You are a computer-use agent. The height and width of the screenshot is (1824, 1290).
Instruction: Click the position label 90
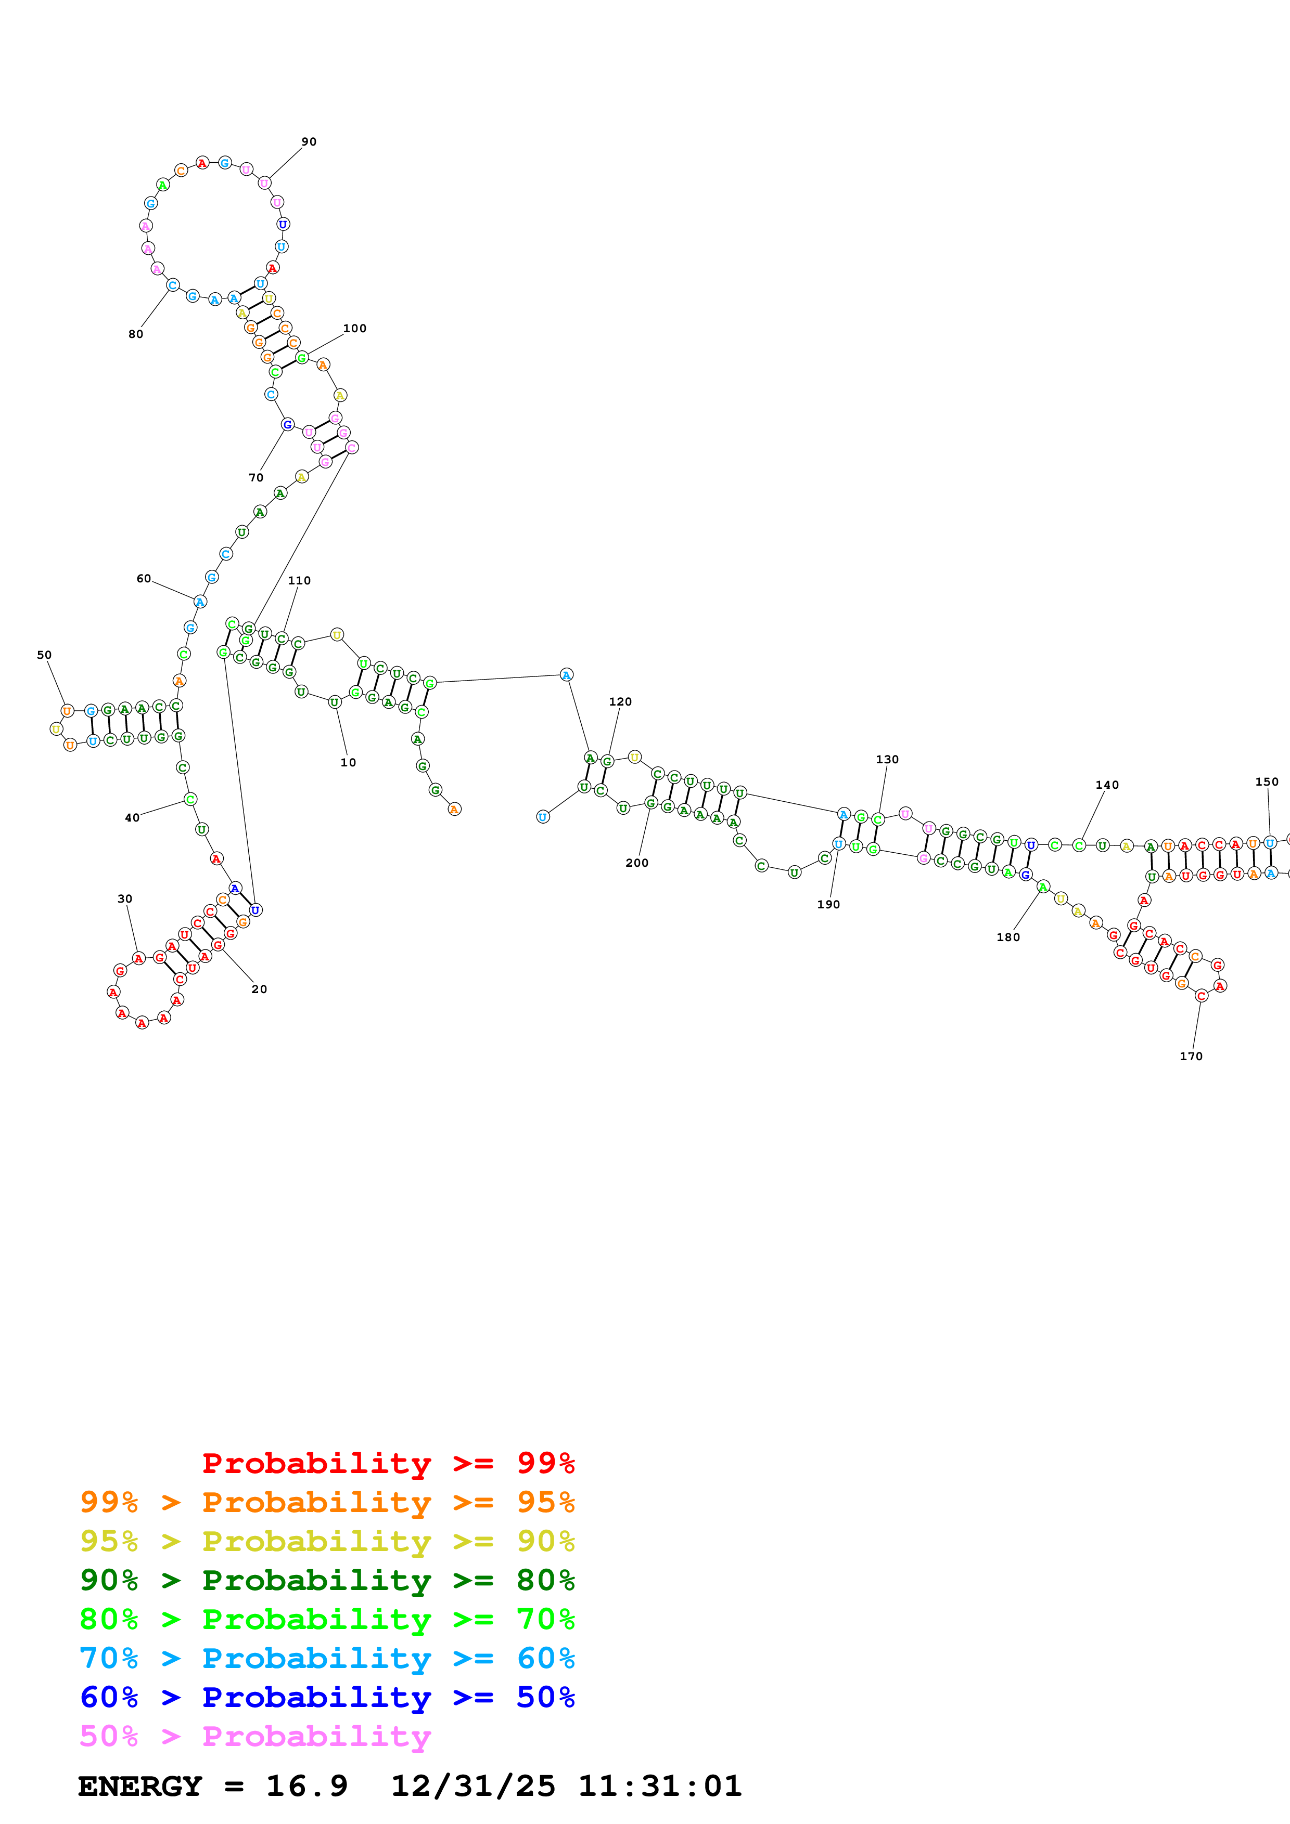click(309, 141)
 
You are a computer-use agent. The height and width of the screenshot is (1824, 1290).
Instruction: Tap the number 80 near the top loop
click(136, 334)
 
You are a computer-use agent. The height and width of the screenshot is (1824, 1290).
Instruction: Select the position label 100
click(354, 328)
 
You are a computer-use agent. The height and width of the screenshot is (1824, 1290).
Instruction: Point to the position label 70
click(256, 477)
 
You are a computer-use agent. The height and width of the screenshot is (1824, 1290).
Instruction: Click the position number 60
click(143, 578)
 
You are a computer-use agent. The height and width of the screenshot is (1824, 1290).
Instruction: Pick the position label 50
click(45, 655)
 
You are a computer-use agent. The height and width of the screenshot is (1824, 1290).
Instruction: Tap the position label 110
click(299, 580)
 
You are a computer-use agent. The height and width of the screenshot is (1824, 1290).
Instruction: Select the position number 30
click(125, 898)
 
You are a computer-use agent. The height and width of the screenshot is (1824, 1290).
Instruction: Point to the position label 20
click(259, 989)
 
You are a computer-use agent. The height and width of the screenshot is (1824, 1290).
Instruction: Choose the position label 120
click(620, 701)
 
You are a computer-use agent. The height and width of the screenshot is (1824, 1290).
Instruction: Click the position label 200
click(636, 863)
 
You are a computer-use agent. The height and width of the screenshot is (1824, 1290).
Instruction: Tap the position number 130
click(887, 760)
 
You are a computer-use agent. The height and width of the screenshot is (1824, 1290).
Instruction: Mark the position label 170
click(1191, 1056)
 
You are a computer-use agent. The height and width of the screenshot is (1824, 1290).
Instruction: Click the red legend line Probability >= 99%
click(388, 1463)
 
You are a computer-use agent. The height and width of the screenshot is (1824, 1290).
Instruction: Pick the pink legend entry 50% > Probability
click(255, 1736)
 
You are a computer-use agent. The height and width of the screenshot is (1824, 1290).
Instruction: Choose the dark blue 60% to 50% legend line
click(327, 1697)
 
